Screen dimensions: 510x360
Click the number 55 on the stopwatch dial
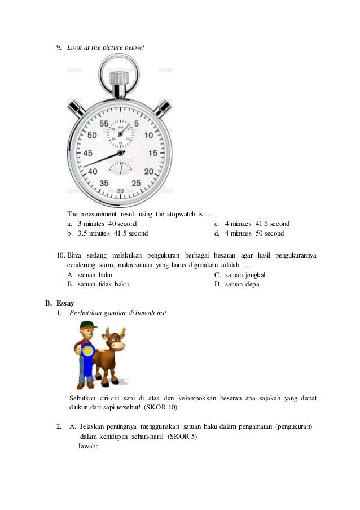104,123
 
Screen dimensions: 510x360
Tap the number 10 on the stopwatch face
148,136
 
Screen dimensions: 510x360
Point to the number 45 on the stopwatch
88,153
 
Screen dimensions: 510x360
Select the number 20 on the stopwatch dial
149,171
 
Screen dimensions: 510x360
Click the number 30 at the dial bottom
120,191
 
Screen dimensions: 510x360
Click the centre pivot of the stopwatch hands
120,152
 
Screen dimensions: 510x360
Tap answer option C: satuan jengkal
239,275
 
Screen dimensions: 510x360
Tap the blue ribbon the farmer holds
87,354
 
